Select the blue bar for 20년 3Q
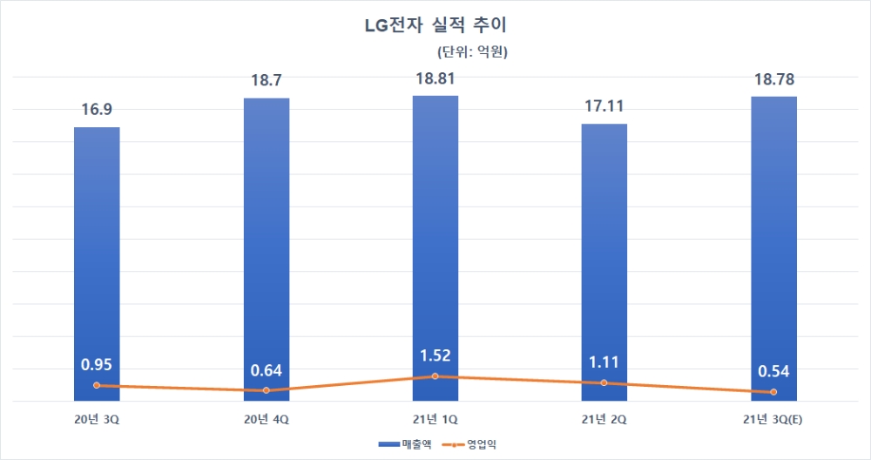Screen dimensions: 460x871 [97, 261]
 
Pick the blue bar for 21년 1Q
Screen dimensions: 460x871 [435, 244]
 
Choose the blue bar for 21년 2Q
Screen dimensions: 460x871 [604, 261]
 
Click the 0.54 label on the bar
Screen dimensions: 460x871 [773, 371]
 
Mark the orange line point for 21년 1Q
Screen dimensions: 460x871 [435, 376]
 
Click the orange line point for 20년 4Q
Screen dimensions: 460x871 [266, 390]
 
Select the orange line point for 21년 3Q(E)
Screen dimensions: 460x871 [773, 392]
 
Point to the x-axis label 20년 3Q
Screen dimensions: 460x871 [97, 420]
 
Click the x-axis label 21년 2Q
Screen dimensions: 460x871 [604, 420]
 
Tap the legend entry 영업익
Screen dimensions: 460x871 [475, 444]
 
